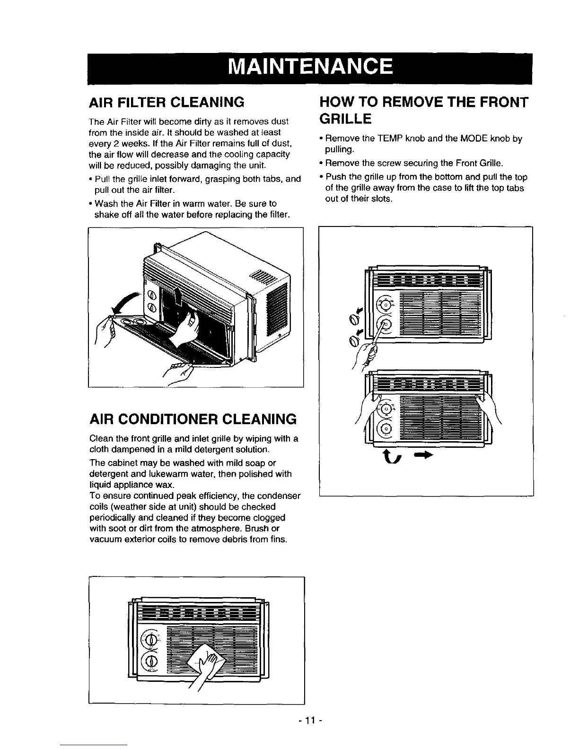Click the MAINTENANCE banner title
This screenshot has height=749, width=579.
(310, 67)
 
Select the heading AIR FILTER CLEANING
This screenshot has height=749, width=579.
(167, 102)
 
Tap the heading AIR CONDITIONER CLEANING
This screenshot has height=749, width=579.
(193, 419)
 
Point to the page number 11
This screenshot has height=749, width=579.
(310, 721)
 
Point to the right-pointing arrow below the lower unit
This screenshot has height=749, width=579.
(423, 455)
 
